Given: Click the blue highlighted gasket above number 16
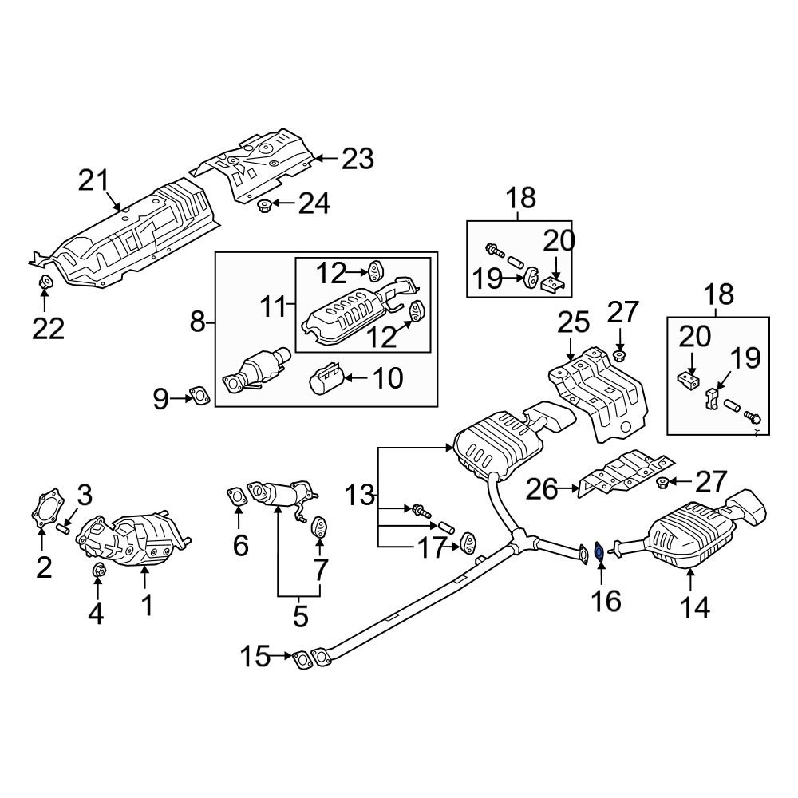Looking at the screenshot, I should coord(598,551).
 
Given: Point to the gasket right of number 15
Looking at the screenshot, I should coord(302,659).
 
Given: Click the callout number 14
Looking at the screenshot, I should coord(693,607).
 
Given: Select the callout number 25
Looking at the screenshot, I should coord(573,322).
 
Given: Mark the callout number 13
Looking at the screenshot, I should coord(360,496).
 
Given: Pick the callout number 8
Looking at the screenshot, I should coord(196,322).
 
